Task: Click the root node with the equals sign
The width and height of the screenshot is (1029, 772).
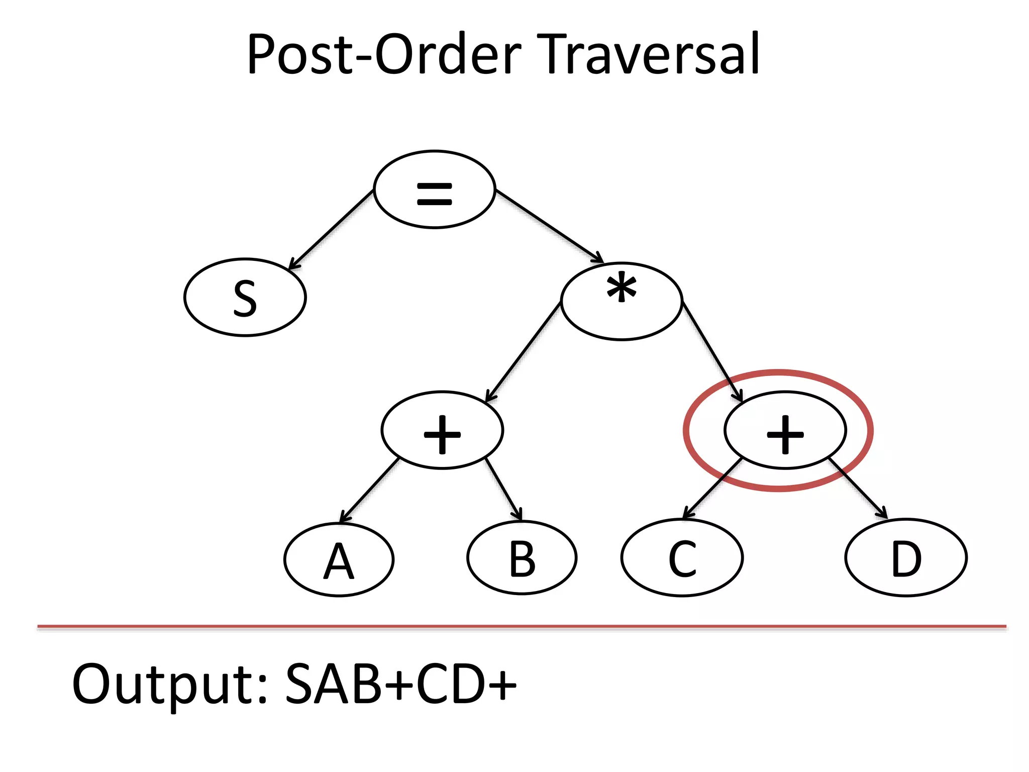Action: pyautogui.click(x=435, y=189)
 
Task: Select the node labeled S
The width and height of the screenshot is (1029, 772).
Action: pyautogui.click(x=245, y=298)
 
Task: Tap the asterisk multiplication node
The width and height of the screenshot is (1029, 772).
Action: pyautogui.click(x=622, y=301)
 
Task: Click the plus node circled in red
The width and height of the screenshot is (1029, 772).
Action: pyautogui.click(x=785, y=431)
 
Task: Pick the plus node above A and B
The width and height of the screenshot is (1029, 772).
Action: pyautogui.click(x=442, y=431)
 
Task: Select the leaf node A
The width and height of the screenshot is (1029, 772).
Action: pyautogui.click(x=339, y=560)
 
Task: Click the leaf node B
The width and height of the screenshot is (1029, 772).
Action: pyautogui.click(x=522, y=558)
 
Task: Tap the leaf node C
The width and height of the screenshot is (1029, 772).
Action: pyautogui.click(x=682, y=558)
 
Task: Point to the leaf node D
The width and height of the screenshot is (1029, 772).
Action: pyautogui.click(x=906, y=558)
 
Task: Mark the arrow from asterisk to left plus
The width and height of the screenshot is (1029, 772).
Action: pyautogui.click(x=523, y=352)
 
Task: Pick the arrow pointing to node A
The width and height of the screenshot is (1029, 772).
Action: pyautogui.click(x=369, y=491)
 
